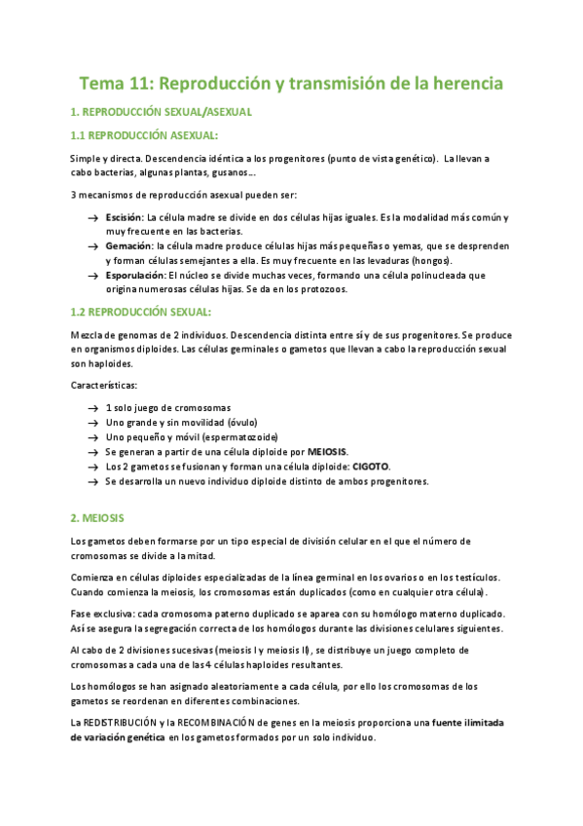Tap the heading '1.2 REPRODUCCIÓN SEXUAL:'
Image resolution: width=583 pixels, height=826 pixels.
pyautogui.click(x=141, y=312)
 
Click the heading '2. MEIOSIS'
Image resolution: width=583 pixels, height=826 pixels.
pyautogui.click(x=97, y=516)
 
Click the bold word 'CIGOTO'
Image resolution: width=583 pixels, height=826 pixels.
pyautogui.click(x=371, y=467)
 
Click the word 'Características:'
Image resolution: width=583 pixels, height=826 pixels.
pyautogui.click(x=104, y=386)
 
